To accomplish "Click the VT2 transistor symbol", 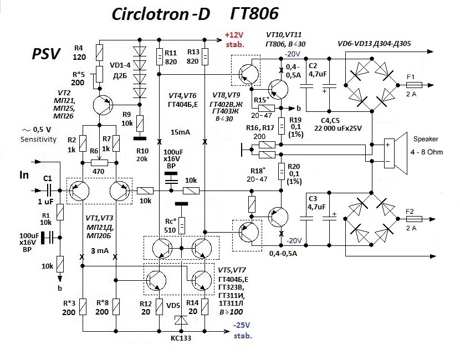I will [102, 104].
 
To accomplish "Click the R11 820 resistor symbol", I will [159, 56].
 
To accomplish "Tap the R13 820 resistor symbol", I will [205, 56].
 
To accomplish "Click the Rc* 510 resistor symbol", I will [181, 224].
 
